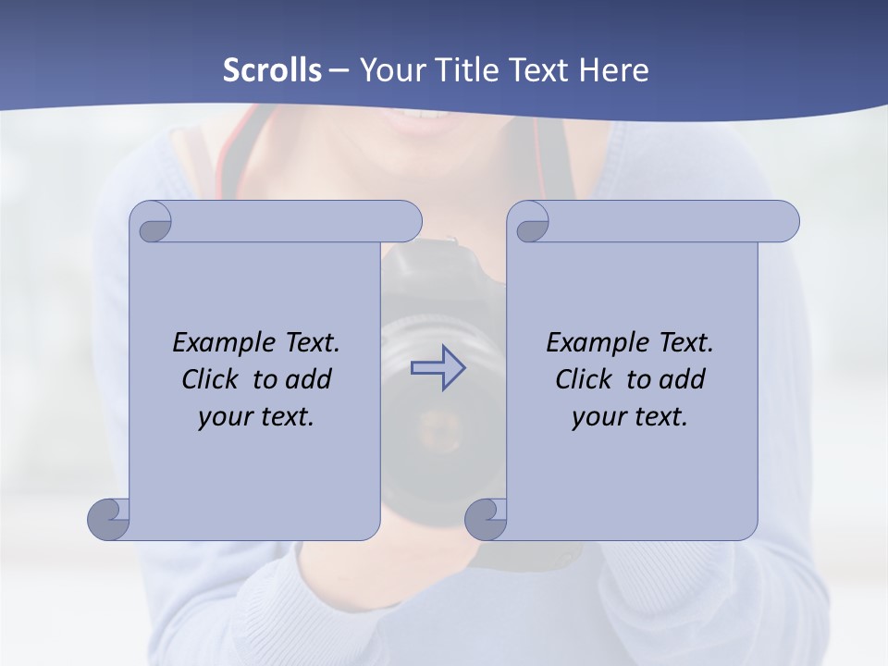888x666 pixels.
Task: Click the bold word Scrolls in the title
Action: click(273, 70)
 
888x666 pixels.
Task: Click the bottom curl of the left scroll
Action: click(109, 519)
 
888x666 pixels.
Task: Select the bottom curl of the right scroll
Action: click(486, 519)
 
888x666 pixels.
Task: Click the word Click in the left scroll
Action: click(212, 379)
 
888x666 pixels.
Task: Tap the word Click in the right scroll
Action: click(584, 379)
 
